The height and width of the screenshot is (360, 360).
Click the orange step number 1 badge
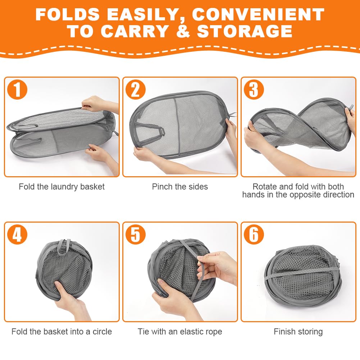pos(17,90)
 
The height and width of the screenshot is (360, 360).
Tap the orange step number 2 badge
pos(136,90)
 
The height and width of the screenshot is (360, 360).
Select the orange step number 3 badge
pos(254,90)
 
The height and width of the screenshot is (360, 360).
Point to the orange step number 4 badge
pos(17,234)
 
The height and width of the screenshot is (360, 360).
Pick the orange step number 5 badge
pos(136,234)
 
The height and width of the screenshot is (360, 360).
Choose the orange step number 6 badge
pos(254,234)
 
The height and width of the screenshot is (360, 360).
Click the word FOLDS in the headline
pos(68,14)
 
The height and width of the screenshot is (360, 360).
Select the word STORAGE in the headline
pos(245,31)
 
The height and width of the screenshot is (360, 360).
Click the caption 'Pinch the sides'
pos(180,187)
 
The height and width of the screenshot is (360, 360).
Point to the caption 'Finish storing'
pos(298,332)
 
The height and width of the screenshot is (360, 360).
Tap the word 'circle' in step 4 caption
pos(102,332)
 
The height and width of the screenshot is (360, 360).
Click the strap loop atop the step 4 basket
pos(64,247)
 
